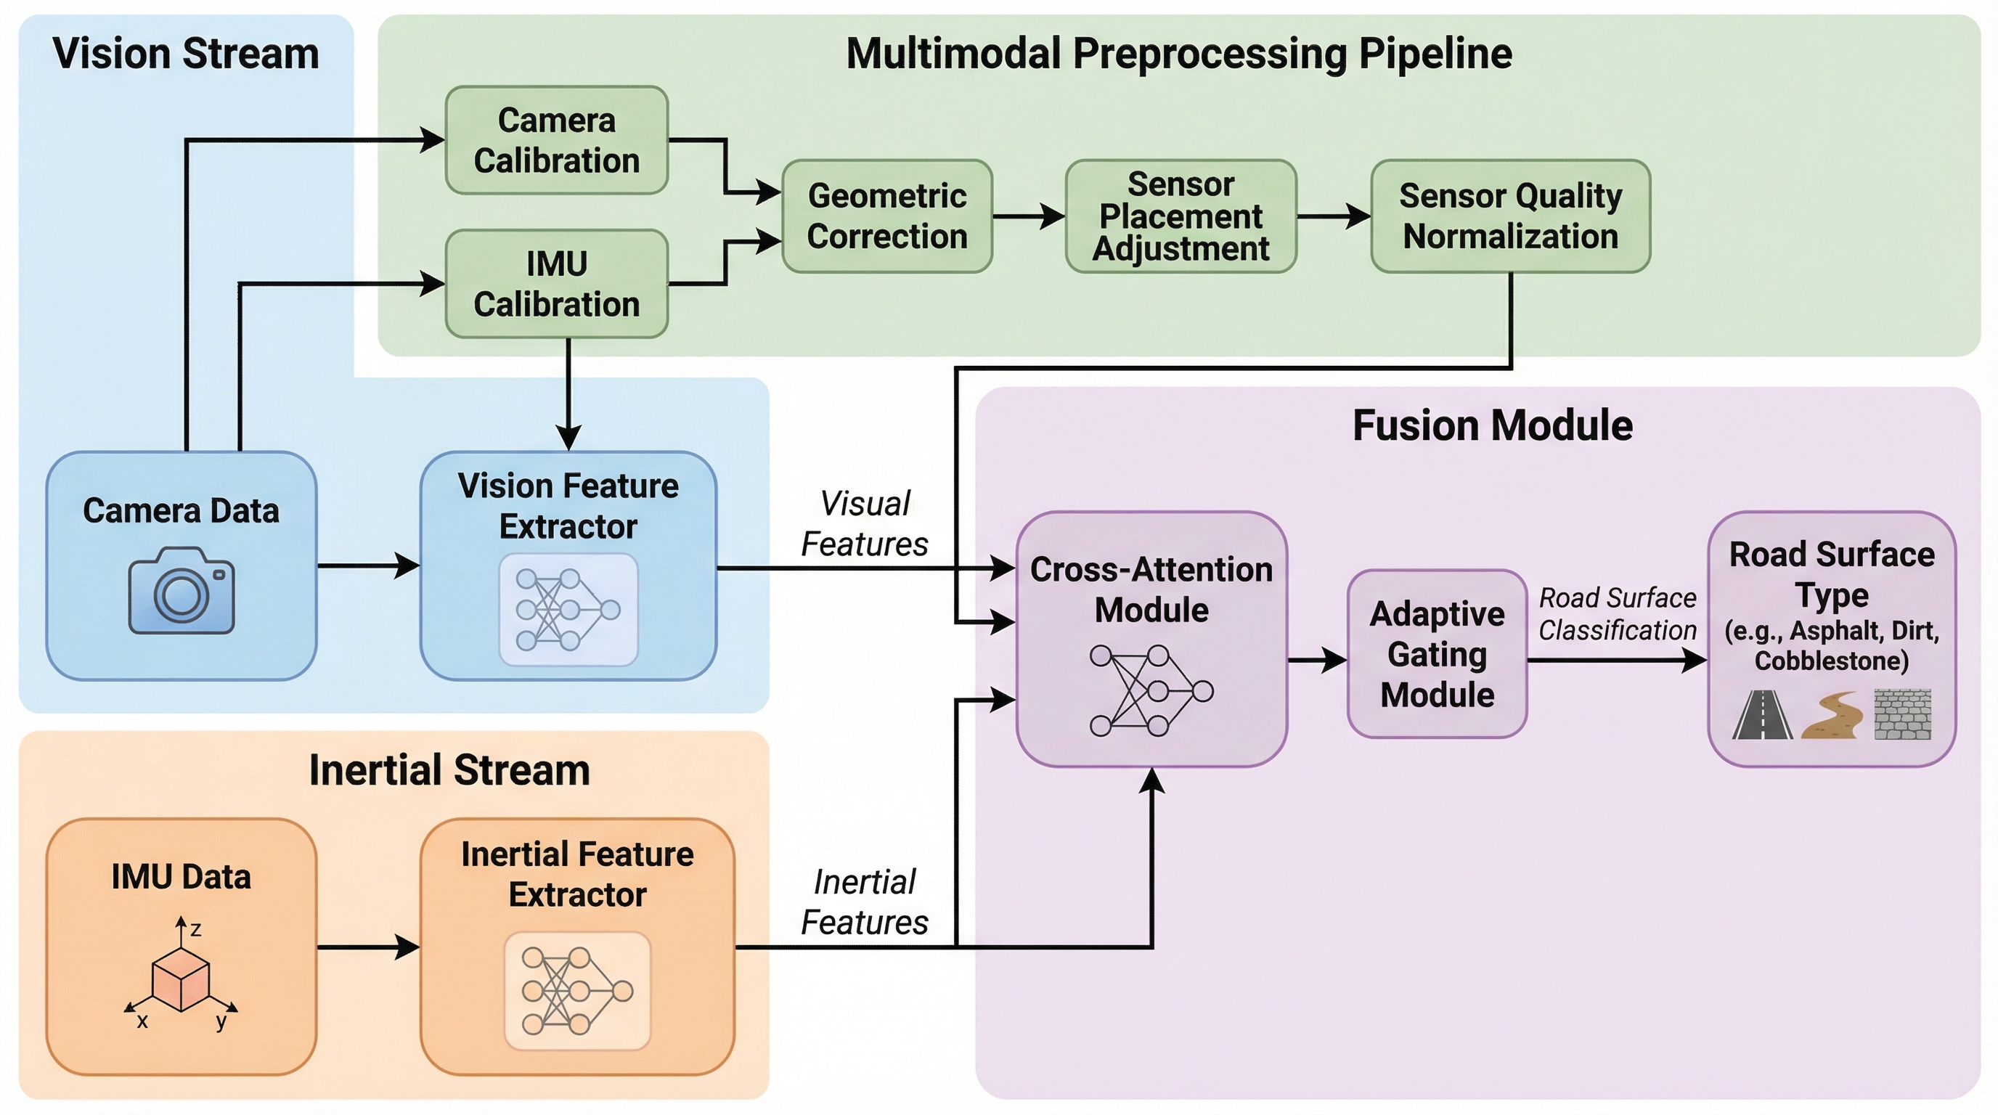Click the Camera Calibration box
pos(556,140)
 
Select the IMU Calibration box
pos(556,284)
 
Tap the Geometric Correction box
pos(886,216)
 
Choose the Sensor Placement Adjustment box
pos(1181,216)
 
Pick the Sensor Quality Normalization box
pos(1510,216)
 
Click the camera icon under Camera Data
pos(182,591)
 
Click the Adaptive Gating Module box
pos(1437,653)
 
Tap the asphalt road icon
pos(1762,715)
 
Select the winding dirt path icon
pos(1832,715)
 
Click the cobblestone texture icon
pos(1903,715)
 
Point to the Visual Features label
pos(864,524)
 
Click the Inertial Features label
pos(864,902)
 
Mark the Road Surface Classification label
pos(1617,614)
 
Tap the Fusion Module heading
pos(1492,425)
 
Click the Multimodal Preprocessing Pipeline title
pos(1178,54)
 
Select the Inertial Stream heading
pos(449,770)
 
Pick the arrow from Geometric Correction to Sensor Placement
pos(1028,216)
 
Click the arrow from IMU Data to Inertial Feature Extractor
pos(368,947)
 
